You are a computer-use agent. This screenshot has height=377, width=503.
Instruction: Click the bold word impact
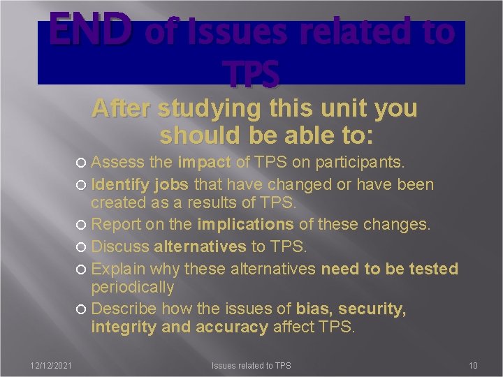click(x=204, y=163)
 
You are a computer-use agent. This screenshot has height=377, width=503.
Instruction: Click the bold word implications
click(x=245, y=226)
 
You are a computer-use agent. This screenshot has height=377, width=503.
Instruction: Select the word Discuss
click(x=120, y=246)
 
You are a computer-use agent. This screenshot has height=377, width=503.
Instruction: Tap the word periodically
click(x=133, y=287)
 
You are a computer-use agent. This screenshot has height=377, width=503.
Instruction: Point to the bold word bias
click(x=314, y=309)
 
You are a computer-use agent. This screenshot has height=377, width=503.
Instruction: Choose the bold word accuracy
click(x=231, y=327)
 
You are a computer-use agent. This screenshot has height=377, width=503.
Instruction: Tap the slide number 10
click(x=473, y=366)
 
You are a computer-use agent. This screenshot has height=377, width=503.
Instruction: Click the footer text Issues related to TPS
click(x=251, y=366)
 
